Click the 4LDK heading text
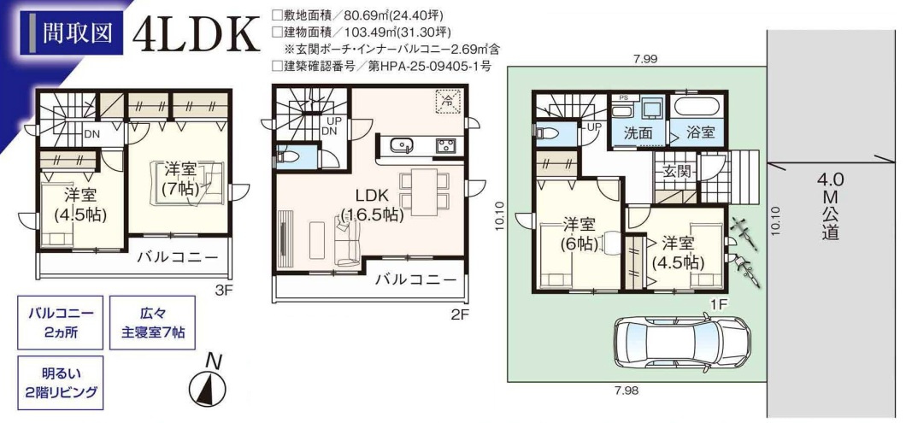(197, 33)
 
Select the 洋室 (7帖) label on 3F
(180, 179)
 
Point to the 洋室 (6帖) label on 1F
(579, 234)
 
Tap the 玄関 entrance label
(675, 171)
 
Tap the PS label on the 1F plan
(623, 97)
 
